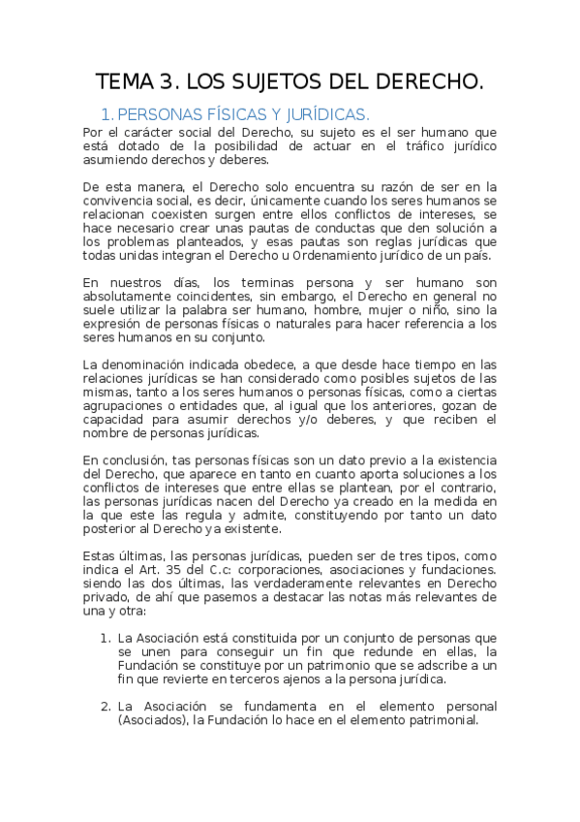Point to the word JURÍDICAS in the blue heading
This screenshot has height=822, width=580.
pyautogui.click(x=321, y=113)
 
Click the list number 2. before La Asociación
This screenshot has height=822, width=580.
pyautogui.click(x=105, y=707)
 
